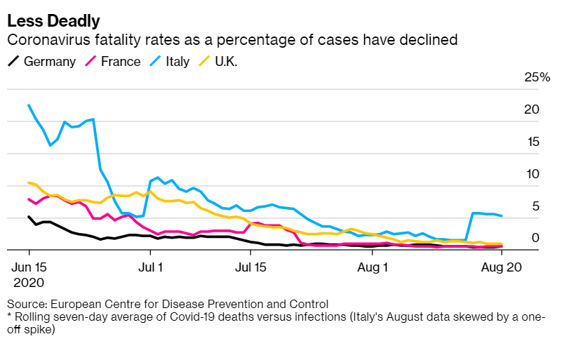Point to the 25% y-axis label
point(537,77)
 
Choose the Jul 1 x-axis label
point(151,267)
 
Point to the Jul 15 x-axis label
point(251,267)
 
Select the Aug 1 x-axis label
point(373,267)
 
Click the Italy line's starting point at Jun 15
point(29,105)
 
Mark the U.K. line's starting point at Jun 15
point(29,183)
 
